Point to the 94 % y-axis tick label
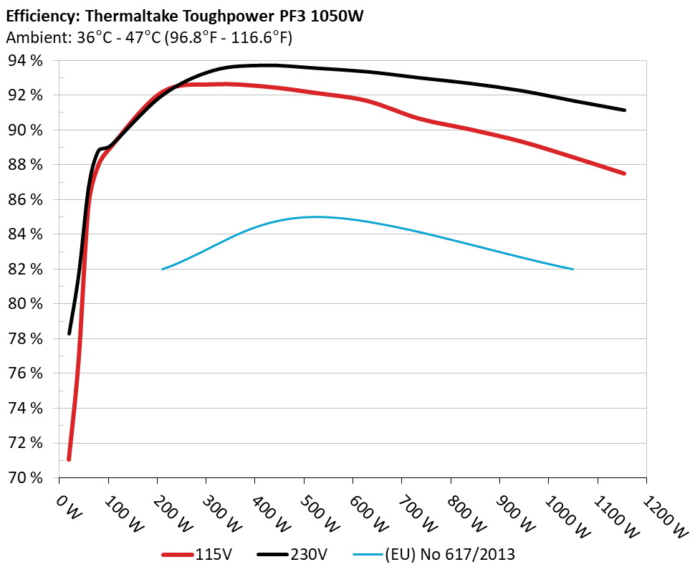pos(24,61)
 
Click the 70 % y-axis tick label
pos(24,477)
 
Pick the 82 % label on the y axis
pos(24,270)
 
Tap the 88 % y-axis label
pos(24,165)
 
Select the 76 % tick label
pos(24,373)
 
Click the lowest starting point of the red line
pos(69,459)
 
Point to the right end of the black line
pos(625,110)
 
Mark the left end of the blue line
pos(163,269)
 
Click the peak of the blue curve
pos(315,216)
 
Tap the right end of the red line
pos(625,173)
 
